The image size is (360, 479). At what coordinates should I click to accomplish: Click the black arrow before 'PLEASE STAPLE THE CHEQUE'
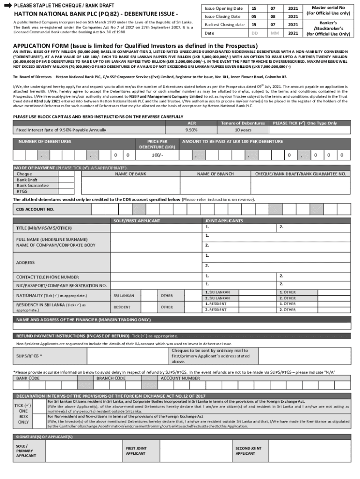point(7,5)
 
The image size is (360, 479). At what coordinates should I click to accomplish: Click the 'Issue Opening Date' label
point(224,8)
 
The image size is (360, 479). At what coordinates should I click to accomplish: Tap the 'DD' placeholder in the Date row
point(254,33)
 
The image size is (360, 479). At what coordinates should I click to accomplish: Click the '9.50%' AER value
point(191,130)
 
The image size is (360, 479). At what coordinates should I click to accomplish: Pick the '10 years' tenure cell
point(243,130)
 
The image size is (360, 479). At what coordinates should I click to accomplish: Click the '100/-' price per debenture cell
point(158,155)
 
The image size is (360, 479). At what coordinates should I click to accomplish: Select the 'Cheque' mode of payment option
point(24,174)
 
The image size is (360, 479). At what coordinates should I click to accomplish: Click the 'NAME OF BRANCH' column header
point(215,174)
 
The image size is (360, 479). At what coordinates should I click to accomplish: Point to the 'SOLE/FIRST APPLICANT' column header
point(137,220)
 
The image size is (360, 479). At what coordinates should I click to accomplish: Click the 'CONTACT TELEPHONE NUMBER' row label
point(47,277)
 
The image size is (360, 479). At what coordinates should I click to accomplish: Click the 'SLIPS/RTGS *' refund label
point(29,356)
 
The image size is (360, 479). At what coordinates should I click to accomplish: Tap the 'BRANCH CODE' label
point(111,378)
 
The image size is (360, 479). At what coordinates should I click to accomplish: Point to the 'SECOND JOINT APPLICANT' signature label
point(248,451)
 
